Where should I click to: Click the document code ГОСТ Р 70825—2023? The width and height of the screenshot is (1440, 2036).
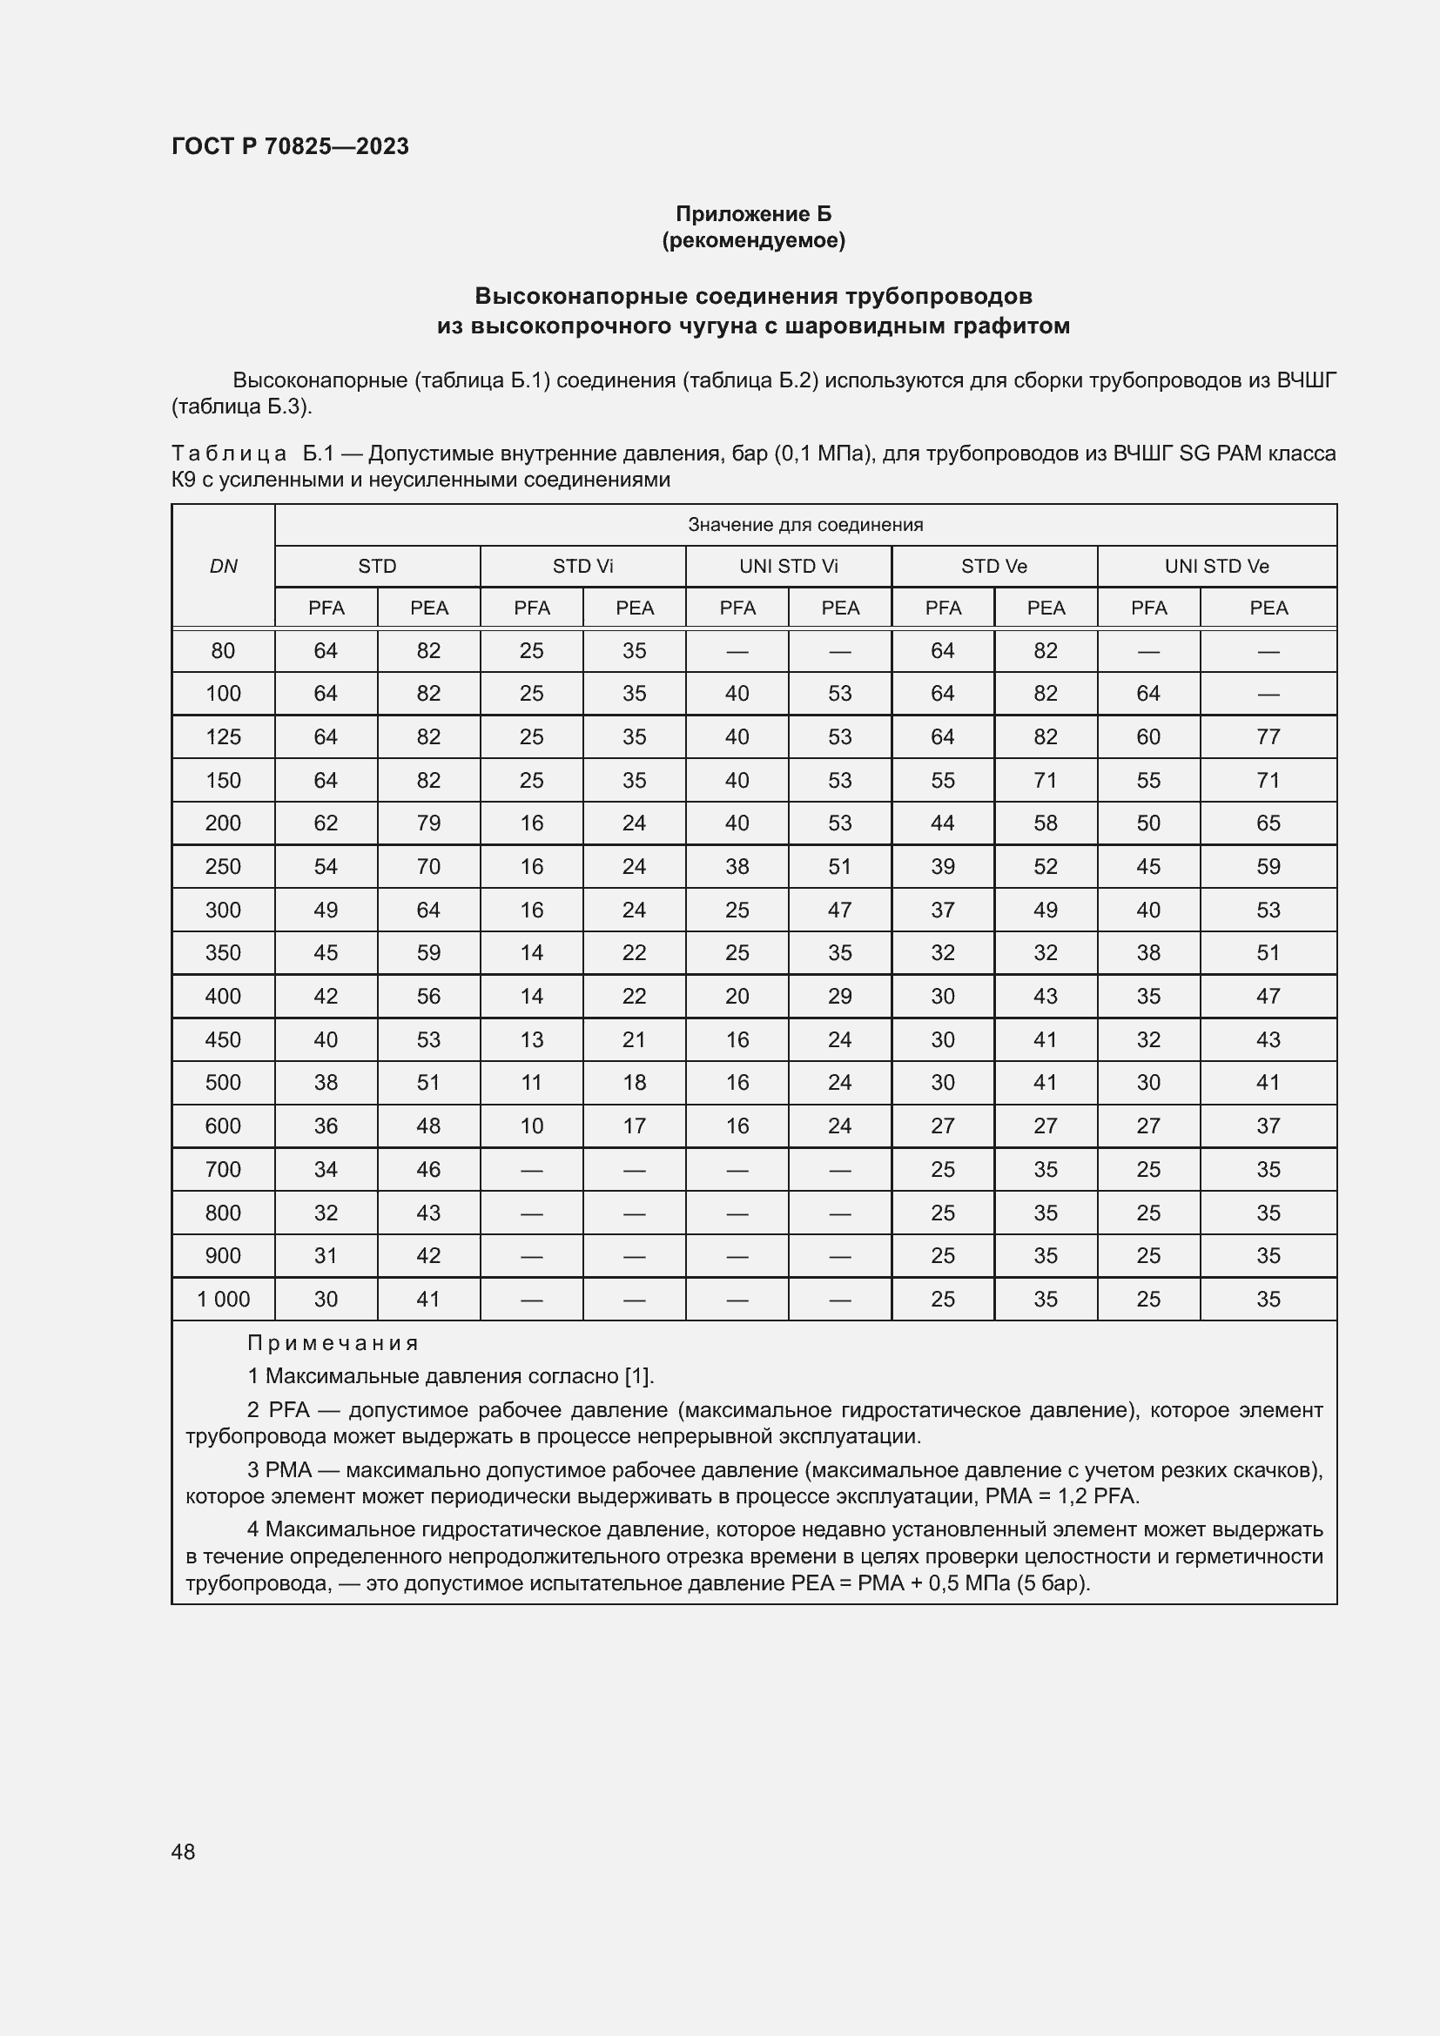[290, 146]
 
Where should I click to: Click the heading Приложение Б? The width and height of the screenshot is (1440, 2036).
[753, 214]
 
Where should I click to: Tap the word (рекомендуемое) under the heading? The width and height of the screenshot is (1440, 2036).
[753, 240]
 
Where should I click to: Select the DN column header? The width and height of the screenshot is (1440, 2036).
[223, 567]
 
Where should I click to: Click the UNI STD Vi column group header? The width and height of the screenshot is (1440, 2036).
[788, 567]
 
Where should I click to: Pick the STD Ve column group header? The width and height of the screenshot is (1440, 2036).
[994, 567]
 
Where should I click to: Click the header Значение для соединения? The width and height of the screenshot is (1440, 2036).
[805, 525]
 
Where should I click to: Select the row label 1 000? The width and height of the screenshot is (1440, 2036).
[223, 1299]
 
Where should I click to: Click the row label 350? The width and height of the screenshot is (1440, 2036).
[223, 953]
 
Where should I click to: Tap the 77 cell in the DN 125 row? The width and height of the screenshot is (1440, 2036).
[1268, 737]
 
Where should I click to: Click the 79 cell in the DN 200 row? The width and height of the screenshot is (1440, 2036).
[428, 823]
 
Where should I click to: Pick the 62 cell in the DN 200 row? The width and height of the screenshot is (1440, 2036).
[326, 823]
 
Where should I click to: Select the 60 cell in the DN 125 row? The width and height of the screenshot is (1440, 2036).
[1148, 737]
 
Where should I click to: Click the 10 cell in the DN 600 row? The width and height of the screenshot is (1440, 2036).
[531, 1126]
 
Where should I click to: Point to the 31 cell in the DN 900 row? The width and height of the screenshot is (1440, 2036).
[326, 1256]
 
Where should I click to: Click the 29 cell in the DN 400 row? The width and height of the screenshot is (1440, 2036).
[839, 997]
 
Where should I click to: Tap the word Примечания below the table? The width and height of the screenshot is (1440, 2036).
[333, 1342]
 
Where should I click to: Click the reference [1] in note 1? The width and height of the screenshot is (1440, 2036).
[638, 1376]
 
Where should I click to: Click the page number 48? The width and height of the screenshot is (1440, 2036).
[183, 1851]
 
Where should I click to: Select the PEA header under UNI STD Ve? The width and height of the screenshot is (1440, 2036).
[1268, 608]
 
